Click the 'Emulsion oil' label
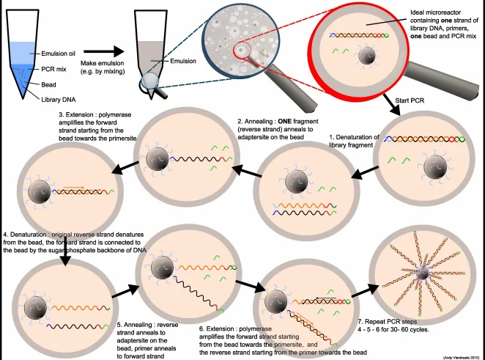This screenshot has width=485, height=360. point(58,54)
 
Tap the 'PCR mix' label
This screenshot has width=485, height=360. point(53,69)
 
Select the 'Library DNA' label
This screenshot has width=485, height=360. point(58,100)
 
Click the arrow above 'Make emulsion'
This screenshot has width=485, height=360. point(104,51)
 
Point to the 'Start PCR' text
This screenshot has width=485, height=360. point(410,100)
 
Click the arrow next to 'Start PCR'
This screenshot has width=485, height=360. point(392,104)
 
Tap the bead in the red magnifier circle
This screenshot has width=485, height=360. point(367,56)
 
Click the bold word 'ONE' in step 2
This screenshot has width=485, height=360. point(284,121)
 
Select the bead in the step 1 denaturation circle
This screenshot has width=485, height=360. point(435,167)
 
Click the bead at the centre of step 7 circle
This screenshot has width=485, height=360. point(422,273)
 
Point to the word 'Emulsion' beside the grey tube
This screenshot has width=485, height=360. point(183,61)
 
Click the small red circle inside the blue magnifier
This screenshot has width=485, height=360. point(240,50)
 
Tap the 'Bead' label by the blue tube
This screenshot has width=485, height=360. point(48,84)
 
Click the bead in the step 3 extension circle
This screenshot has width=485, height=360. point(40,192)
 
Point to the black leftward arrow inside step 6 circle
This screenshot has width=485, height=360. point(326,298)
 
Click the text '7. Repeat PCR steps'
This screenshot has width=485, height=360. point(388,322)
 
